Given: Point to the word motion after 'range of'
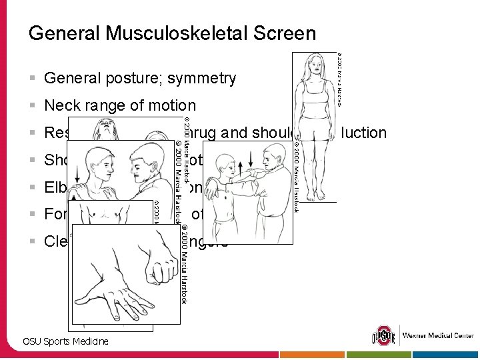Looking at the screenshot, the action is (x=174, y=105).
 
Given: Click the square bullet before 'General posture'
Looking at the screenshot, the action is (x=33, y=79).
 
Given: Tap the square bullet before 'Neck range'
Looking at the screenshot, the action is (x=33, y=105).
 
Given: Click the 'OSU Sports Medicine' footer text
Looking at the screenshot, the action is (x=65, y=341).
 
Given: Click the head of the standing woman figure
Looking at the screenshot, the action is (x=313, y=65).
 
